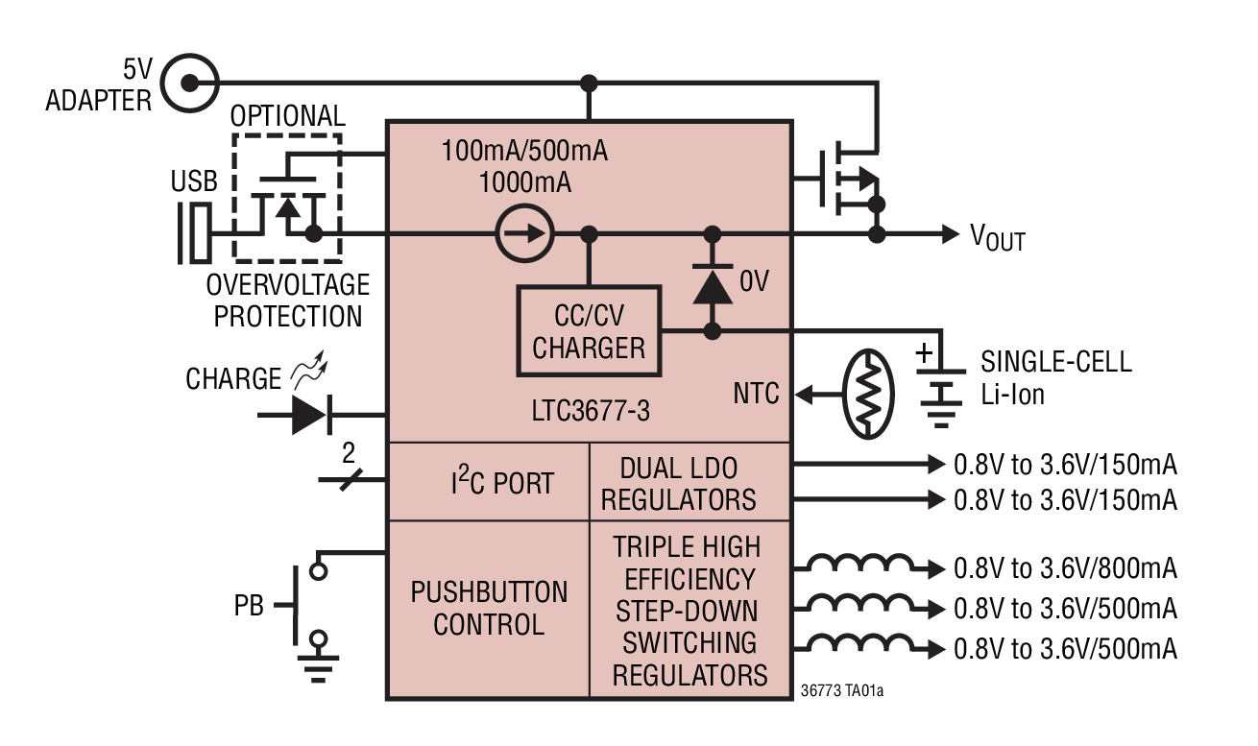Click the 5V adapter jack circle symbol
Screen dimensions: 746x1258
(188, 82)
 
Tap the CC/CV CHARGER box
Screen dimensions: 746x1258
(589, 331)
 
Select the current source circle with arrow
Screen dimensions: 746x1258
(524, 234)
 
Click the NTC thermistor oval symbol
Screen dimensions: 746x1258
(868, 395)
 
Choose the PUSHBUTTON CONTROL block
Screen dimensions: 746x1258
(489, 608)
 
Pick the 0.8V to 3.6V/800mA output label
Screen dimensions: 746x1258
(1065, 568)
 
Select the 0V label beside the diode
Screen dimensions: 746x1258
(754, 281)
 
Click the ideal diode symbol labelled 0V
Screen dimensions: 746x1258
(712, 283)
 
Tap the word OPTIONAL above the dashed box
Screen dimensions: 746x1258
(287, 116)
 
